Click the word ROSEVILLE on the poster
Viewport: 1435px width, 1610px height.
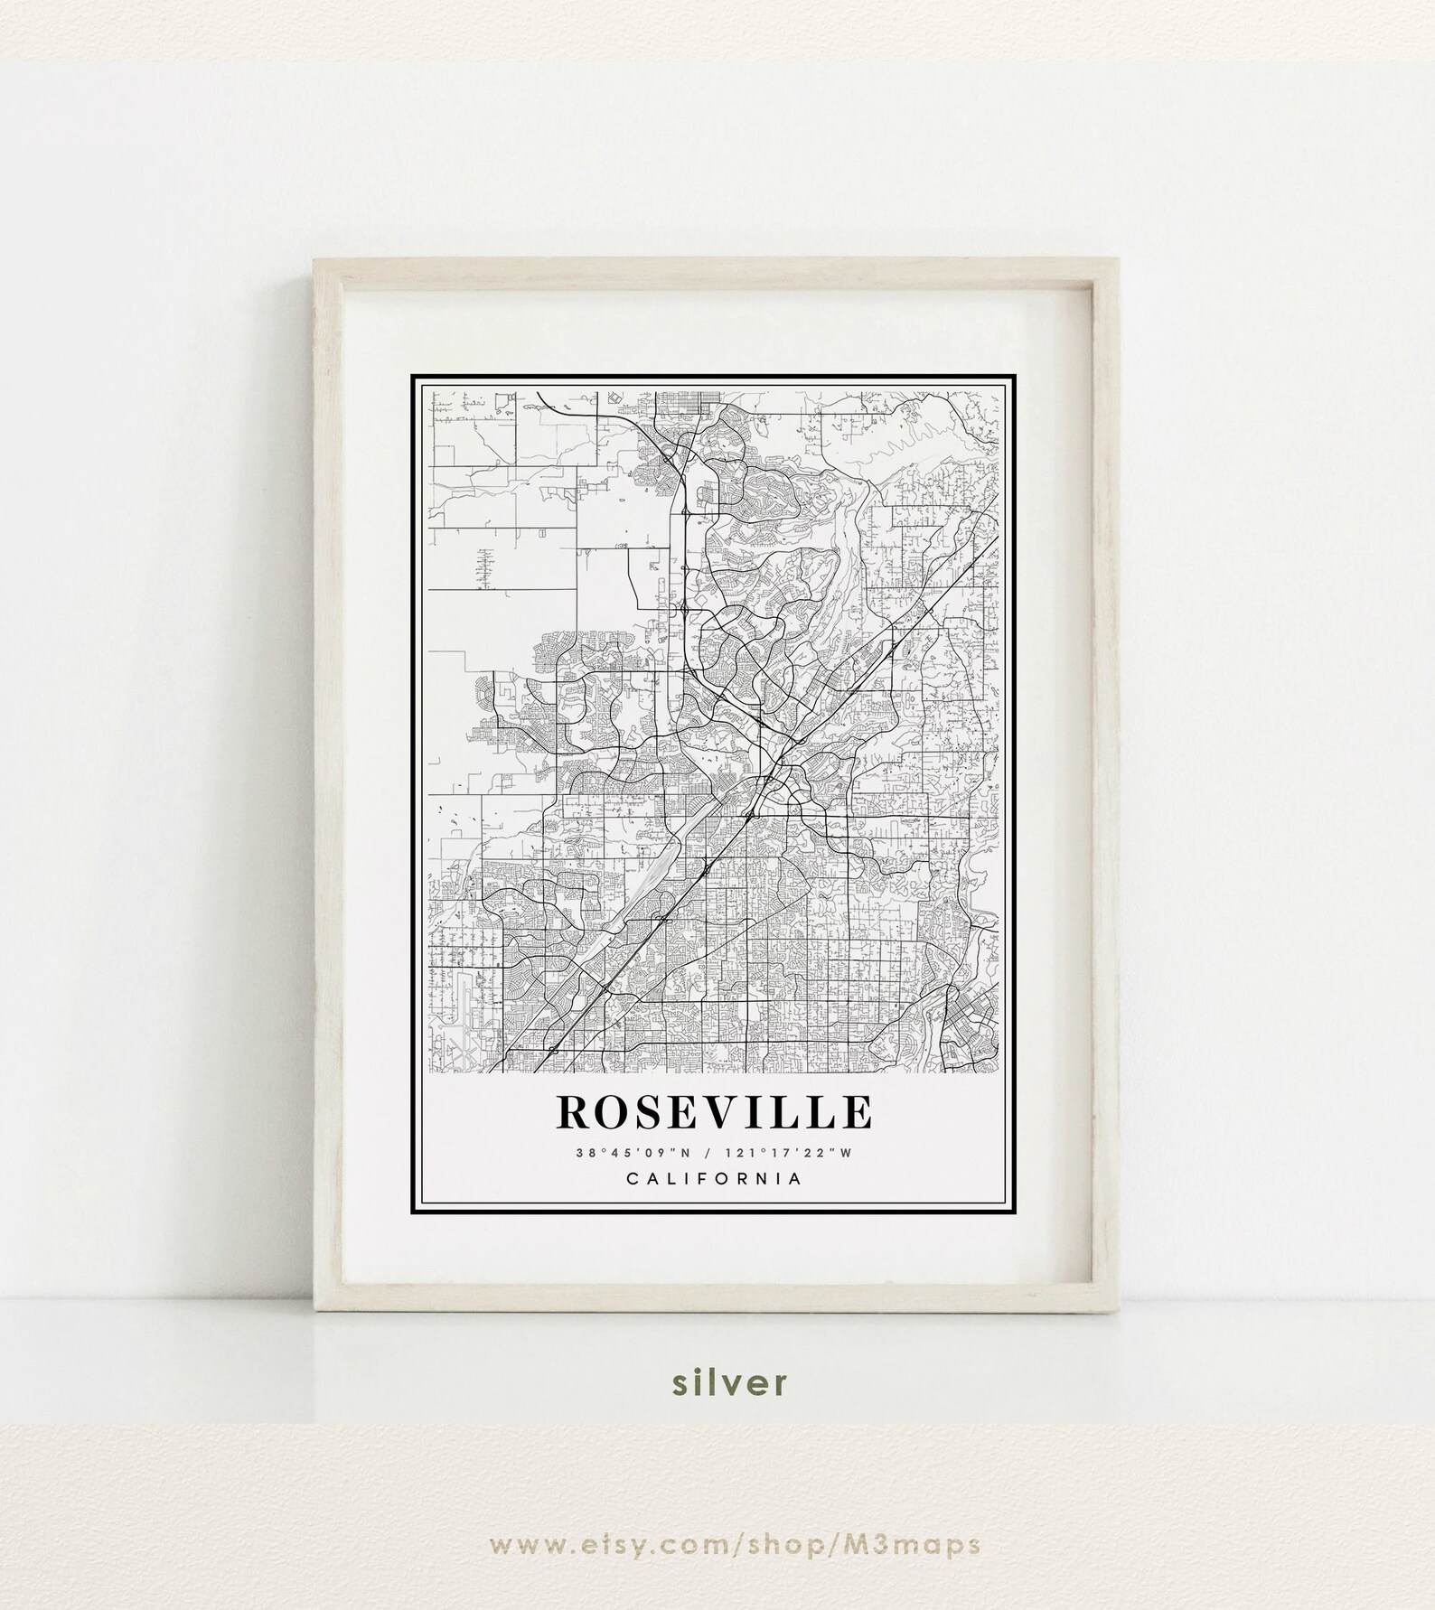[x=714, y=1111]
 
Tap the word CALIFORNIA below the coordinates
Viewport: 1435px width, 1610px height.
[x=714, y=1178]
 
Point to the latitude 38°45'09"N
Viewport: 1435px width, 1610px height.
[x=635, y=1152]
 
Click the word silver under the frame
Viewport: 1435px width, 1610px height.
[x=717, y=1408]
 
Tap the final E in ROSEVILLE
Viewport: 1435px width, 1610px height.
[x=853, y=1112]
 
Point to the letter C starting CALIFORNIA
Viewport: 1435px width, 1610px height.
[x=633, y=1178]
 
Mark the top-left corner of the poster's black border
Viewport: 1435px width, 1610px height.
[x=412, y=376]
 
